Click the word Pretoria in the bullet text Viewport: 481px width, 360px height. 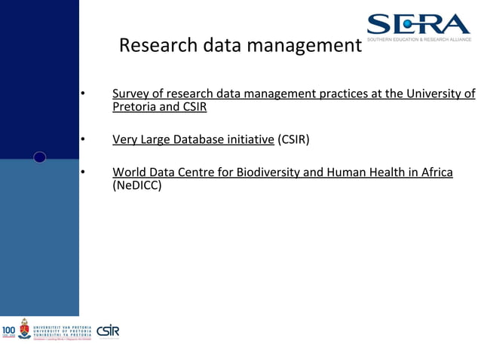135,107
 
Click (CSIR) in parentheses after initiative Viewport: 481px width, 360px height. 293,139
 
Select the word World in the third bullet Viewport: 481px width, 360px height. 129,172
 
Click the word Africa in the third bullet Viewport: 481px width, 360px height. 435,172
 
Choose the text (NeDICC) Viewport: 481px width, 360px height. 137,185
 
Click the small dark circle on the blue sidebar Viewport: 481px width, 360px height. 40,157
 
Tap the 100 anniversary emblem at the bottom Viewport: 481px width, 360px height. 8,331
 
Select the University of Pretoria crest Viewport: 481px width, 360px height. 24,328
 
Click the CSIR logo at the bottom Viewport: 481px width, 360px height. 108,331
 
